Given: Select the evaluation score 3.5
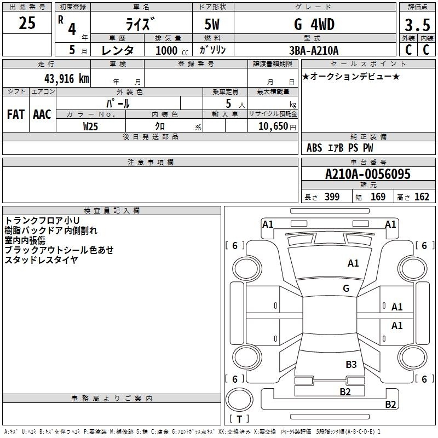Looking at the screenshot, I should point(417,25).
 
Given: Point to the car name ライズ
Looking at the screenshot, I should point(140,25).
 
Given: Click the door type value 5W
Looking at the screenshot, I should point(213,25).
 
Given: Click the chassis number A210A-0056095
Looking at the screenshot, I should point(367,174).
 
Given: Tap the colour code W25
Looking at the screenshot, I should point(91,126).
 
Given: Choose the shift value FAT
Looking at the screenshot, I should point(15,114).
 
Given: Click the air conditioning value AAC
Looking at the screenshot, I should point(42,114).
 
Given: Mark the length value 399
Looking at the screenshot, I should point(331,197).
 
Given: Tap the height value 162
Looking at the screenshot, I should point(422,197).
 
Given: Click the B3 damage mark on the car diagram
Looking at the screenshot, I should point(351,364).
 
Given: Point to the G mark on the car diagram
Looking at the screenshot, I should point(346,289).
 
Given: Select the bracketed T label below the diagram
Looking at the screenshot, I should point(239,419).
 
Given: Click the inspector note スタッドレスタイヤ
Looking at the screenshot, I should point(42,260).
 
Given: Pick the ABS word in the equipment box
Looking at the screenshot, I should point(314,148).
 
